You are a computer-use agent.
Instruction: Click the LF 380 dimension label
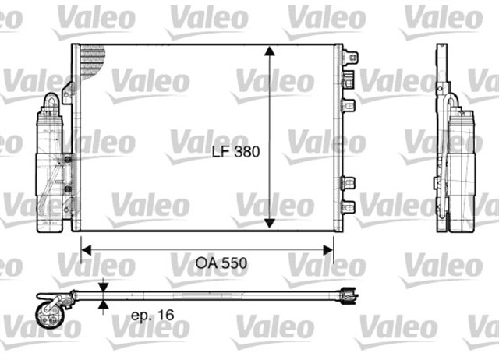235,154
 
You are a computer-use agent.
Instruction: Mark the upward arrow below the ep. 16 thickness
103,305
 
